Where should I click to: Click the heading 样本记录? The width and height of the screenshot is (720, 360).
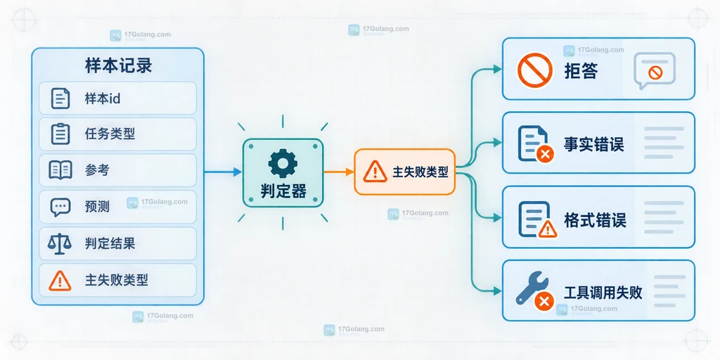pos(118,66)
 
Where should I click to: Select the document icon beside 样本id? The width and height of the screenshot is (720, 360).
pos(60,98)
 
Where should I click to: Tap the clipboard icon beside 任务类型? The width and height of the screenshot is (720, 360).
pos(60,134)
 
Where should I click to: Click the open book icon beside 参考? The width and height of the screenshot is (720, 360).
pos(60,170)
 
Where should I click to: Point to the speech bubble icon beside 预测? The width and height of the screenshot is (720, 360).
pos(60,207)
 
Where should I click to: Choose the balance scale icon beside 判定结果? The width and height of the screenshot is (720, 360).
pos(60,243)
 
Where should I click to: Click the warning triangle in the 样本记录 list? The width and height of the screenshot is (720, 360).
pos(60,280)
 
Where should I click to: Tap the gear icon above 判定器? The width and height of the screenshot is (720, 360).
pos(283,163)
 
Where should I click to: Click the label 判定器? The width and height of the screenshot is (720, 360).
pos(283,191)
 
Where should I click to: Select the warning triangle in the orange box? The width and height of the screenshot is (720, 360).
pos(375,172)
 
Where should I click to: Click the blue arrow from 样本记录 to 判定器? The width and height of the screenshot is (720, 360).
pos(223,172)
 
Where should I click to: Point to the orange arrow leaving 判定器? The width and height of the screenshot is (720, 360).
pos(339,172)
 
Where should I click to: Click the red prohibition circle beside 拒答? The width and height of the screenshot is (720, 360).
pos(535,70)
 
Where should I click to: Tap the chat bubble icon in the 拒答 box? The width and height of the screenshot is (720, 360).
pos(655,70)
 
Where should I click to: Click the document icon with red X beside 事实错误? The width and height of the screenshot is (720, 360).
pos(535,143)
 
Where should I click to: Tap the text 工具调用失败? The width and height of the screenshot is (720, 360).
pos(603,292)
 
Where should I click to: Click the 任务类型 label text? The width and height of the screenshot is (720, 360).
pos(110,134)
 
